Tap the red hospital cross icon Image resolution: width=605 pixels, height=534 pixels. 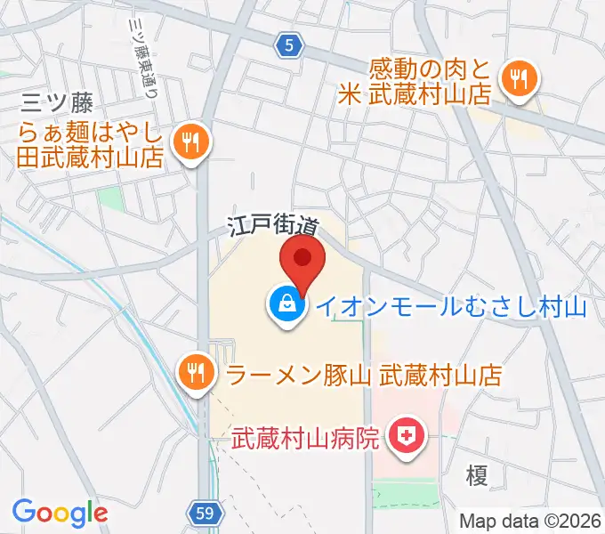[407, 437]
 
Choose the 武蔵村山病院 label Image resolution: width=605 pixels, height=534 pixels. [306, 438]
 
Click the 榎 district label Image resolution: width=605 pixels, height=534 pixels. [477, 476]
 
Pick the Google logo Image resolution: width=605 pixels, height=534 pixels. [60, 513]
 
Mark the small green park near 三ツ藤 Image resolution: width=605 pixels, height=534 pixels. [110, 198]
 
